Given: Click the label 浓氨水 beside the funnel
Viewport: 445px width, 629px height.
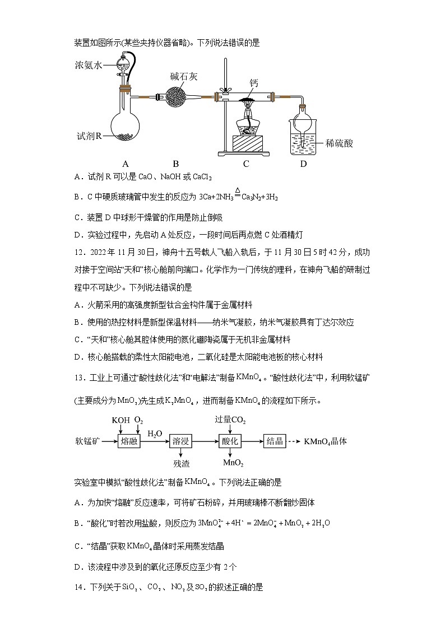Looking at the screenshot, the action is click(x=89, y=65).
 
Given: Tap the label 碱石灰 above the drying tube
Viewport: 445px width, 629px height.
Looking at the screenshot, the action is click(x=183, y=76).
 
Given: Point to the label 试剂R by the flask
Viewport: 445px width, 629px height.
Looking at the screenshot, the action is click(x=89, y=136).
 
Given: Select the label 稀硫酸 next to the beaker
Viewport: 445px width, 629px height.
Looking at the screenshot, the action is click(x=339, y=143).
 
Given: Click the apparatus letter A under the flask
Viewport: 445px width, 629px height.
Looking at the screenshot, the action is click(x=126, y=164).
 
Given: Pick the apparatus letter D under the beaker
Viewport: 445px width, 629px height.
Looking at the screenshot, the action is click(x=303, y=164).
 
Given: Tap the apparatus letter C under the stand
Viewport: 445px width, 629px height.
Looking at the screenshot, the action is click(x=246, y=164).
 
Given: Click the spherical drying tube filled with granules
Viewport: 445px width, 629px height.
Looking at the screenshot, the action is click(x=175, y=97).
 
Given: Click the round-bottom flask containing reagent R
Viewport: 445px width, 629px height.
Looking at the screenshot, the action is click(x=125, y=117).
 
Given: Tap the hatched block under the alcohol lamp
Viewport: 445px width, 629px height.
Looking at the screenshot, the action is click(x=247, y=143).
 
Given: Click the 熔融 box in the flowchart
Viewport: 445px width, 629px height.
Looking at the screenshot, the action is click(x=129, y=441).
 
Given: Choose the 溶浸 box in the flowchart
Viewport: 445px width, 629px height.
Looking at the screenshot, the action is click(x=180, y=441).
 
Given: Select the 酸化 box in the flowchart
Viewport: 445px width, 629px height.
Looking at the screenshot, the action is click(x=230, y=441).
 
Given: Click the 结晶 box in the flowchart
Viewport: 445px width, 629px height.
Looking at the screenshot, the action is click(x=275, y=441).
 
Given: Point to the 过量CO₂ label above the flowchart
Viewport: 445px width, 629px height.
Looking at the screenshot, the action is click(x=230, y=420).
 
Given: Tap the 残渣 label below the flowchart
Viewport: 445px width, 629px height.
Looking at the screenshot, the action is click(x=181, y=464).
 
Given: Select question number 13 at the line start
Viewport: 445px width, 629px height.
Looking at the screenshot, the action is click(x=80, y=378).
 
